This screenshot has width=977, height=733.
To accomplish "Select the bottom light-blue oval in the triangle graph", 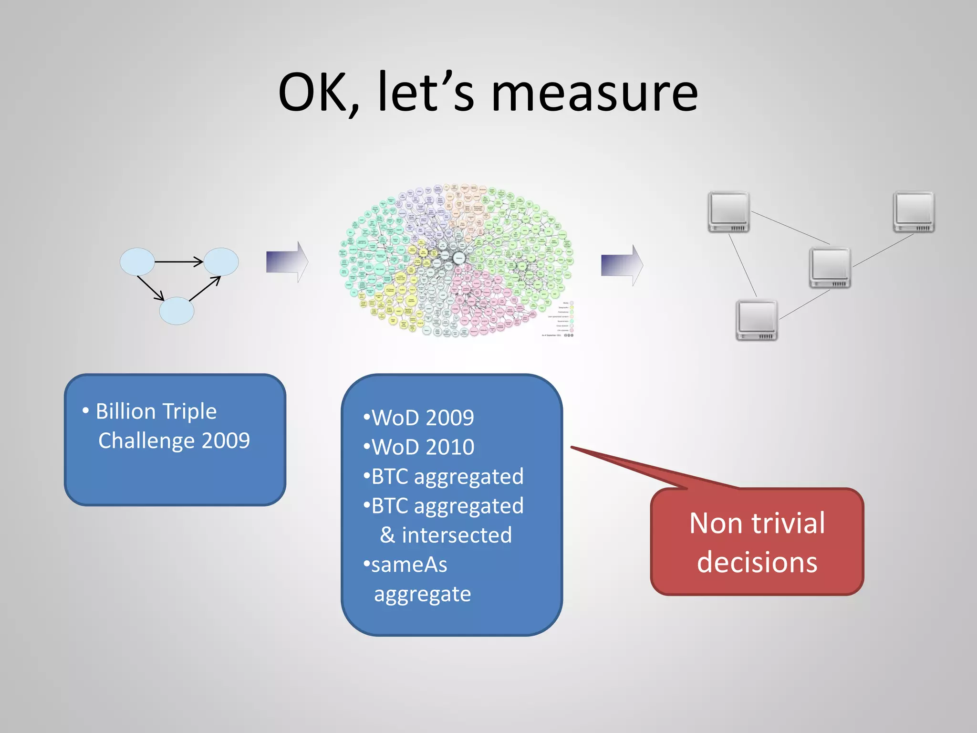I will pos(177,311).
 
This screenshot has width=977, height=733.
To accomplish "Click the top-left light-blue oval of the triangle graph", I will pos(137,262).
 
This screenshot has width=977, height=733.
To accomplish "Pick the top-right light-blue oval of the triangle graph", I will pos(221,262).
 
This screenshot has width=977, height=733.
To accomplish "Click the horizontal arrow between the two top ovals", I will pos(179,262).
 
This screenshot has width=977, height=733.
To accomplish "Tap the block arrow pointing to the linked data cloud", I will pos(287,262).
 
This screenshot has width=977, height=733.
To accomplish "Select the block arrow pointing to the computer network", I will pos(622,265).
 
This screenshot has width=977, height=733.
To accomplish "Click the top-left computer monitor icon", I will pos(728,212).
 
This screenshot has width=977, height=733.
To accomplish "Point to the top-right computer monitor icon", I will pos(914,212).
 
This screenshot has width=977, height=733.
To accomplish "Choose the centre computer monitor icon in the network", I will pos(830,268).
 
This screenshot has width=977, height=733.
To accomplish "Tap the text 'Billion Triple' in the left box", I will pos(156,411).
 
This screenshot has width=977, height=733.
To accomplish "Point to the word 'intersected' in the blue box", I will pos(457,535).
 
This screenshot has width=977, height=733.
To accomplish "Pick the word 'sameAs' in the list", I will pos(409,565).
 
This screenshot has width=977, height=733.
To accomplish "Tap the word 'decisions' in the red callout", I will pos(757,562).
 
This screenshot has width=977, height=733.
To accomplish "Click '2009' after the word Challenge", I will pos(226,440).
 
